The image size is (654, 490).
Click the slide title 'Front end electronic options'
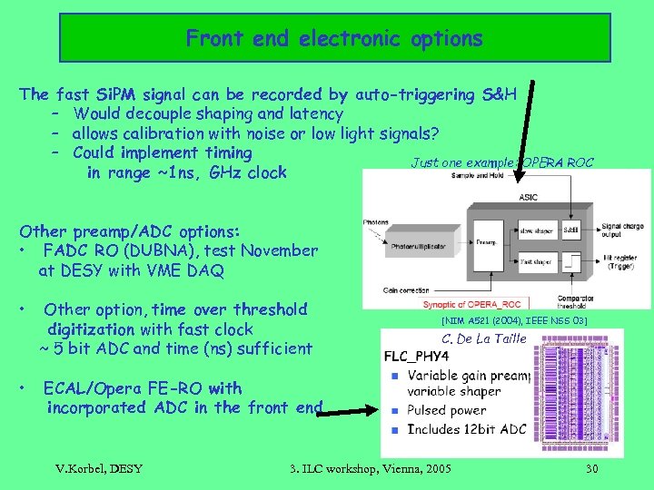pyautogui.click(x=334, y=39)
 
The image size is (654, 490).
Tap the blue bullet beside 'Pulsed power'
pyautogui.click(x=394, y=410)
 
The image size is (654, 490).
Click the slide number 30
pyautogui.click(x=591, y=469)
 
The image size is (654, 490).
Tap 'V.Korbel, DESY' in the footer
pyautogui.click(x=99, y=469)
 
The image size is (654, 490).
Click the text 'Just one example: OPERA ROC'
pyautogui.click(x=501, y=163)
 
